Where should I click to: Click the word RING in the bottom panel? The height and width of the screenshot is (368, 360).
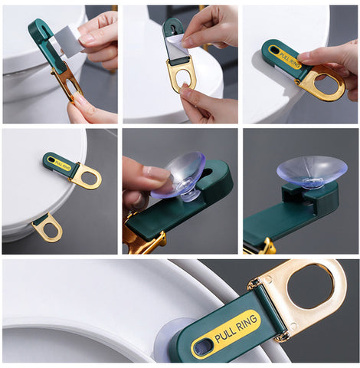246,322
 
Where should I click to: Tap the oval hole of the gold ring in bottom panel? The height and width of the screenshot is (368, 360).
310,287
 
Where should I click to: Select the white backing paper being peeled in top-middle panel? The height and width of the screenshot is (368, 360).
175,44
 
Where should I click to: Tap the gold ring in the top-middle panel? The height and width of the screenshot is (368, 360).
182,76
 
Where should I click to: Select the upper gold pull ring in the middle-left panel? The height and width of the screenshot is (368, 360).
86,176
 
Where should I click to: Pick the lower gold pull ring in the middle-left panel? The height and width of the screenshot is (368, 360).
47,228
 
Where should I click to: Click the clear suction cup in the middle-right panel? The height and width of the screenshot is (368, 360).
312,170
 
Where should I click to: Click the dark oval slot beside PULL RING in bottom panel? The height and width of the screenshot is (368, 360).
203,347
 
